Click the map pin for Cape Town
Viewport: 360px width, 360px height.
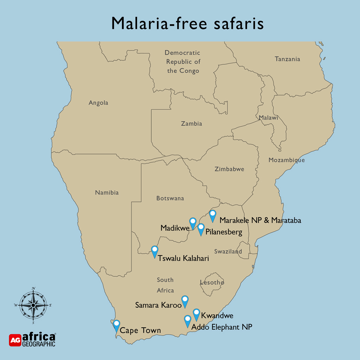[x=116, y=325]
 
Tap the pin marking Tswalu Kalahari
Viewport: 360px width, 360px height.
[x=154, y=251]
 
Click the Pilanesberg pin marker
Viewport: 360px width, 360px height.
[x=201, y=229]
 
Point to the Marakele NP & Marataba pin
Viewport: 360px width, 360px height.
[x=212, y=215]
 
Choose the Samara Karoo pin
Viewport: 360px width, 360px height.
[x=185, y=301]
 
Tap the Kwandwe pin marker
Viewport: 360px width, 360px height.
[x=197, y=314]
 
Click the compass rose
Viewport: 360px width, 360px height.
[x=33, y=305]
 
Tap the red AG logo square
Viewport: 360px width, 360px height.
[x=15, y=340]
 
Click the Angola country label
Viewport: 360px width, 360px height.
[x=98, y=103]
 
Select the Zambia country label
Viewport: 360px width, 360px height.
[x=192, y=124]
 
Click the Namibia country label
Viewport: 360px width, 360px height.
[x=107, y=193]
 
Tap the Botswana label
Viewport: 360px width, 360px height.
[x=170, y=198]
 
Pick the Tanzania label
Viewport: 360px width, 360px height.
[x=287, y=59]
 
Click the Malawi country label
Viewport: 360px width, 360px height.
[x=269, y=118]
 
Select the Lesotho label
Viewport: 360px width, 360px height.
[x=212, y=282]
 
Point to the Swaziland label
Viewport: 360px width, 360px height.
[x=228, y=252]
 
